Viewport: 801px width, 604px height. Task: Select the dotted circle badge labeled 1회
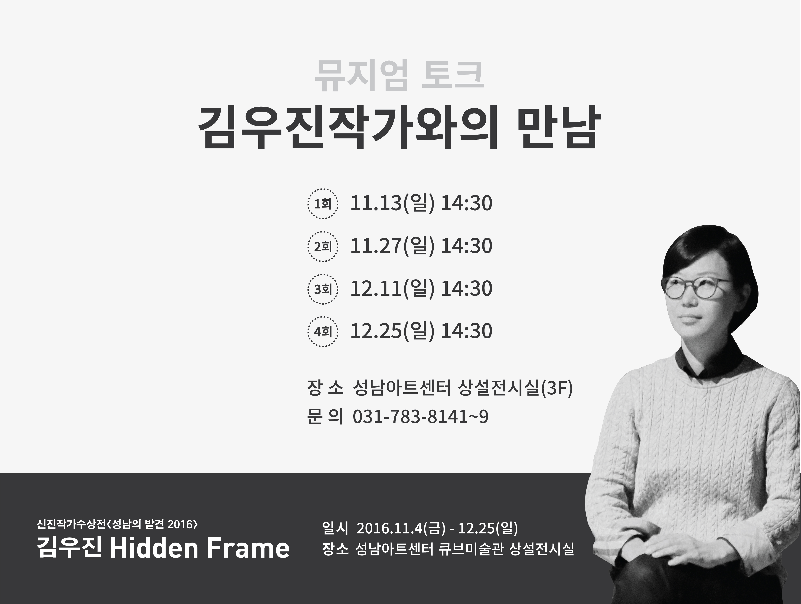point(323,204)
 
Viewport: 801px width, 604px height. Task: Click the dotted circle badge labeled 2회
point(323,246)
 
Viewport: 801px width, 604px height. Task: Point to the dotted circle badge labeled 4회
point(323,332)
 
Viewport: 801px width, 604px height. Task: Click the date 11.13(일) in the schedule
point(392,203)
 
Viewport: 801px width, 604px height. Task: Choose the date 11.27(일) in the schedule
point(392,246)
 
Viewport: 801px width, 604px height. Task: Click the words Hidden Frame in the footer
point(200,548)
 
